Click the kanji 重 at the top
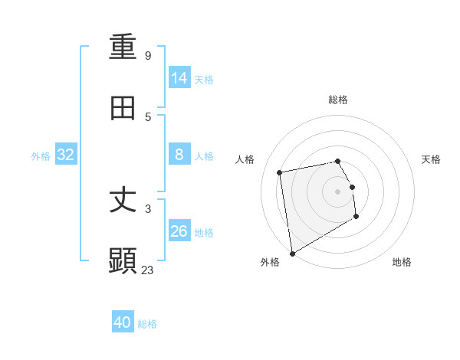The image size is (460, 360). pos(123,47)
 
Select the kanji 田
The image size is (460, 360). pos(123,108)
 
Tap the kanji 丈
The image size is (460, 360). pos(123,201)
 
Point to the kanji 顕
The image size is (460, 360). pos(123,261)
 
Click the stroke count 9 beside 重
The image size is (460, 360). pos(148,56)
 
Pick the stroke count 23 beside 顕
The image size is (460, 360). pos(148,270)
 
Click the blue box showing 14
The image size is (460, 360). pos(179,78)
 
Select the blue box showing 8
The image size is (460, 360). pos(179,155)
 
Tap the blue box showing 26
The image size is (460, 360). pos(179,231)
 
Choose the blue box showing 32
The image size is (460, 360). pos(66,155)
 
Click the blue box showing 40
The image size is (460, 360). pos(123,322)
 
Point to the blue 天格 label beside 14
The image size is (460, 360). pos(204,80)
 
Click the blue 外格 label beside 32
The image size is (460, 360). pos(41,156)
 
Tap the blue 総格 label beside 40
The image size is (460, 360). pos(147,324)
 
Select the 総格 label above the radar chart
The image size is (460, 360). pos(338,100)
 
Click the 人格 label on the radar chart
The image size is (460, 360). pos(245,159)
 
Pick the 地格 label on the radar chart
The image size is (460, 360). pos(402,262)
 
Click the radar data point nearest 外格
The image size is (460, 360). pos(291,253)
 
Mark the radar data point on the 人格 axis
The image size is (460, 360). pos(280,172)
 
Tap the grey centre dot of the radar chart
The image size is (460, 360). pos(338,191)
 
